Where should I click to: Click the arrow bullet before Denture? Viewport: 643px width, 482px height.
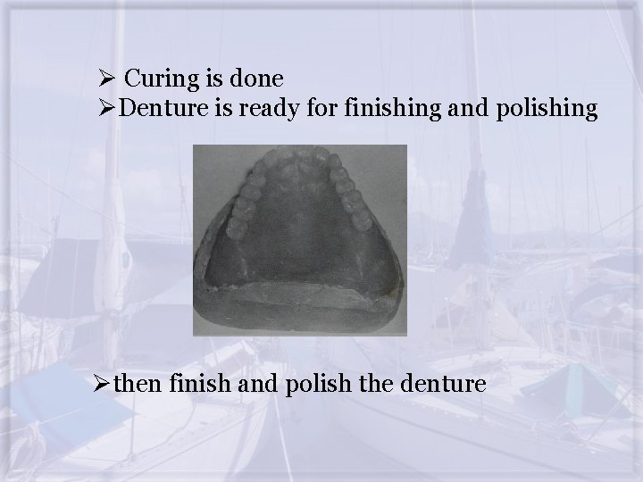click(x=108, y=109)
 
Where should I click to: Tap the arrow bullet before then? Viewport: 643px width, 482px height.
click(x=108, y=385)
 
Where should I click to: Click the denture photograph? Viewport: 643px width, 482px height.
click(x=300, y=240)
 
